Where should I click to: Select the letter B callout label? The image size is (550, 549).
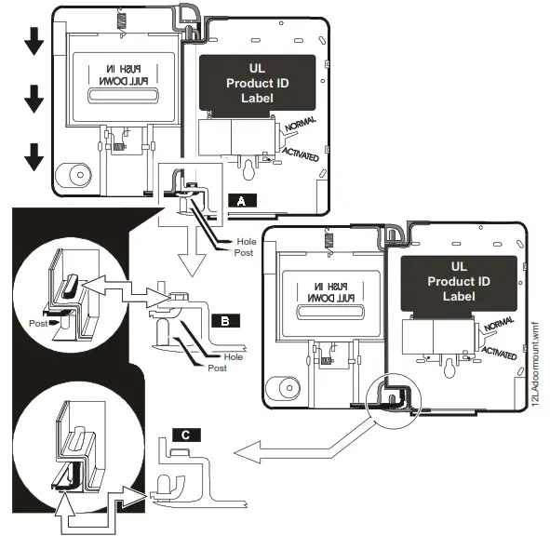point(225,320)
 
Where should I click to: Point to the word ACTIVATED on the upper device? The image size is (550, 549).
point(300,153)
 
